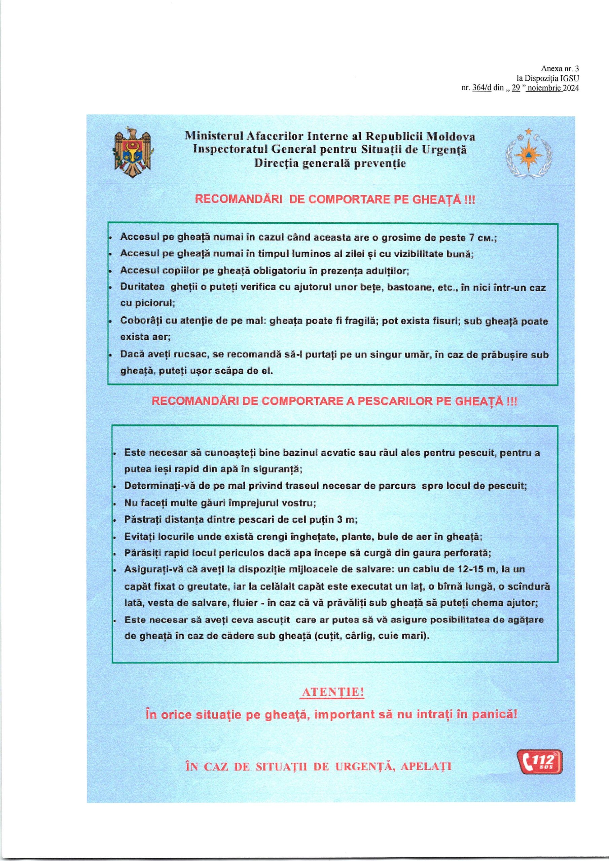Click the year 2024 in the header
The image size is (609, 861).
571,88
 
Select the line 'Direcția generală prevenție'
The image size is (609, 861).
330,163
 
